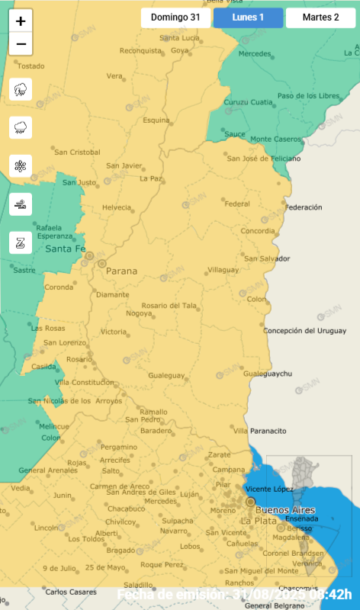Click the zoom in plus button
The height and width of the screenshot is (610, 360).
[21, 21]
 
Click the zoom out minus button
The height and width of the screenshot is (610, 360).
[21, 44]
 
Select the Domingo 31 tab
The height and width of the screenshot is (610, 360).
[175, 18]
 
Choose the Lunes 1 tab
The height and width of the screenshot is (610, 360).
[248, 18]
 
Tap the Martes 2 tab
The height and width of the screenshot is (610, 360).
[320, 18]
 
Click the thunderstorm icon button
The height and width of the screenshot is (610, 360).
[21, 89]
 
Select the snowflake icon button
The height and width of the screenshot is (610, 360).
[21, 165]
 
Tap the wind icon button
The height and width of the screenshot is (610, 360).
[21, 204]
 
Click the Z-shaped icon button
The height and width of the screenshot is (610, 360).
[21, 242]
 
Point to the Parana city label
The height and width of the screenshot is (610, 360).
[122, 271]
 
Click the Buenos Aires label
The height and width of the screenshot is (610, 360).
[287, 509]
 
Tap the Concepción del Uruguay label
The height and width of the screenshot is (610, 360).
[305, 330]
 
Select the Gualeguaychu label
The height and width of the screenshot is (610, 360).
[268, 374]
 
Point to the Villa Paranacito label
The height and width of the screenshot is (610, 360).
[261, 432]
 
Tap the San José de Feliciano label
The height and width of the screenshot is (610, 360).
[264, 158]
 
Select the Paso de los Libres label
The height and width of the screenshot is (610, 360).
[307, 95]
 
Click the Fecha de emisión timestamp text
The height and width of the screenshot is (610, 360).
[234, 595]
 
